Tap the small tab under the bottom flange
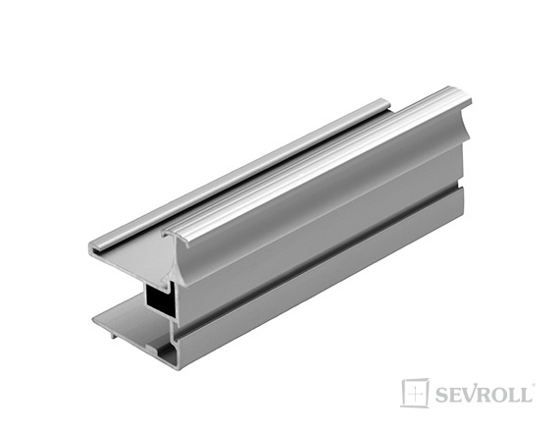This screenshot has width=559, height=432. coord(113,335)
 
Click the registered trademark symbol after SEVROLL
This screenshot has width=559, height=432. coord(534,385)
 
